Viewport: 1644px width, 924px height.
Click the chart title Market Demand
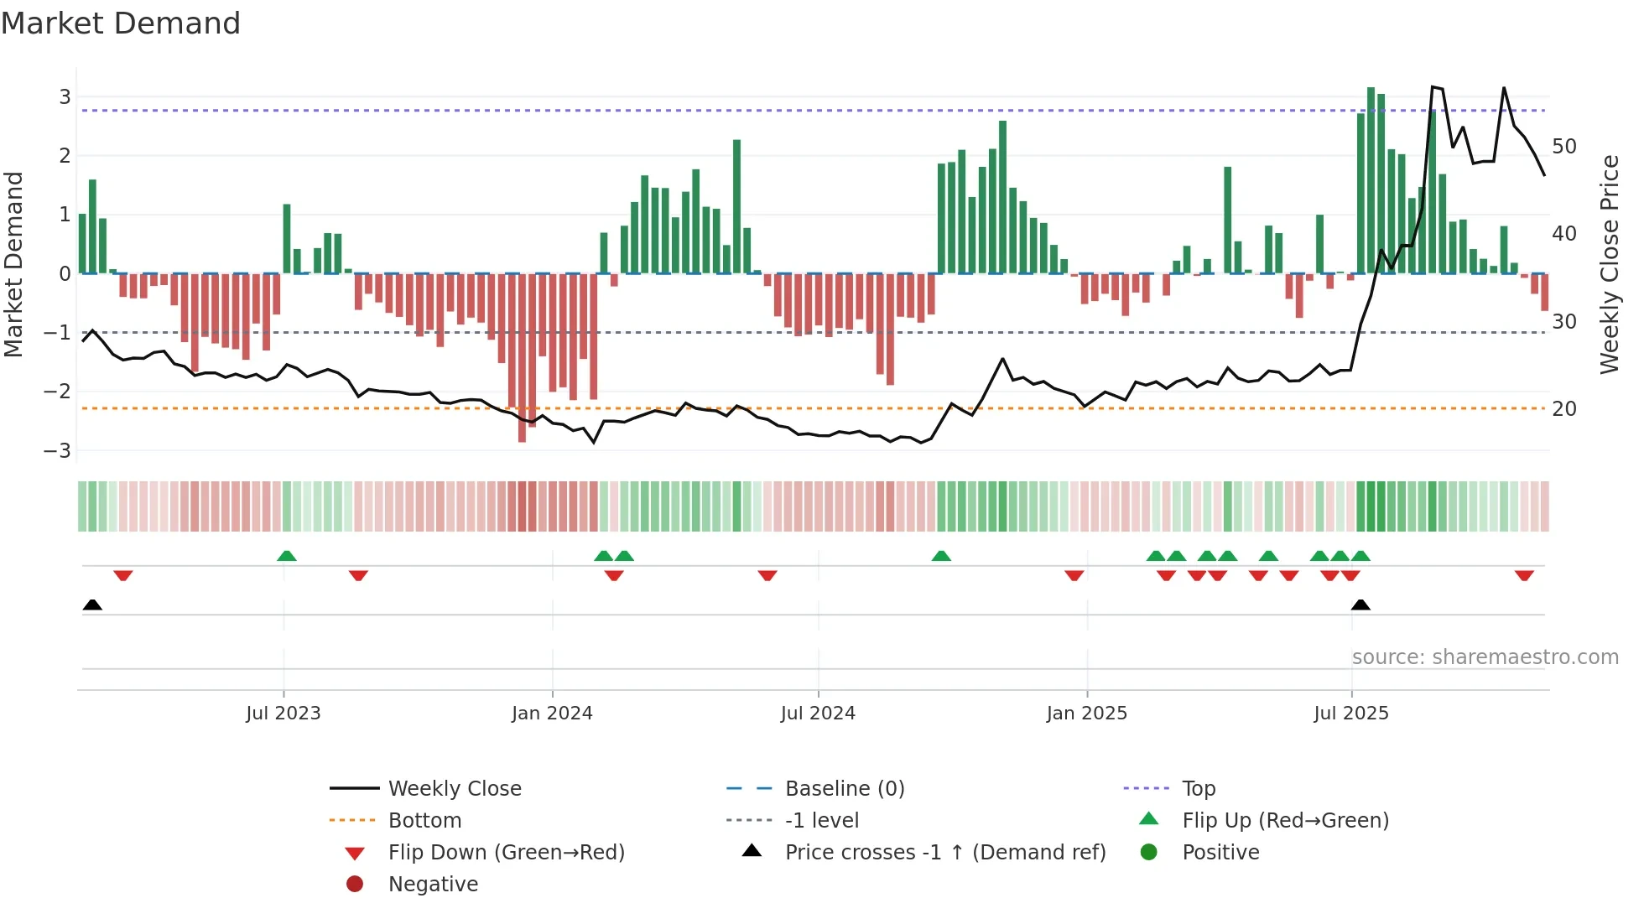coord(121,23)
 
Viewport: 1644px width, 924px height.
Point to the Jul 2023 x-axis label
coord(283,714)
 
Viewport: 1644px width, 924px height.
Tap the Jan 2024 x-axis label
coord(552,714)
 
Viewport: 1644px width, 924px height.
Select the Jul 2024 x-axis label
coord(818,714)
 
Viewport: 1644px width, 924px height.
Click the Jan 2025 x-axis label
coord(1087,714)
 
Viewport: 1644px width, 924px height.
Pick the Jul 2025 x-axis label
coord(1351,714)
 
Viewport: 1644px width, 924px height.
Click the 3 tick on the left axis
coord(65,97)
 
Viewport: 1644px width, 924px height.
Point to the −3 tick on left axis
coord(58,451)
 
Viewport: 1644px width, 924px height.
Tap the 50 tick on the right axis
coord(1564,147)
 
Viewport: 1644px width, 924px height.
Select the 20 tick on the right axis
coord(1564,409)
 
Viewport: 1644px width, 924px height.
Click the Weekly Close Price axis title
coord(1609,264)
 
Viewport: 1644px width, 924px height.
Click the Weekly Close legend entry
coord(454,789)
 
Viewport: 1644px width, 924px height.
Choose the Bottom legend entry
coord(424,821)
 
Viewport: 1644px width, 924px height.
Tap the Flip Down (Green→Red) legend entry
coord(506,853)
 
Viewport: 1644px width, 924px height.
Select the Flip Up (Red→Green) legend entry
coord(1285,821)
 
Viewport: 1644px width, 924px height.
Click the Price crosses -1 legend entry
coord(944,853)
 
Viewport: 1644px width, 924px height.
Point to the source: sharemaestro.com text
coord(1485,657)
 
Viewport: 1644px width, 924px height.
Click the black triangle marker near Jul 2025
coord(1360,605)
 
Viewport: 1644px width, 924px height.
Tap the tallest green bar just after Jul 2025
coord(1371,180)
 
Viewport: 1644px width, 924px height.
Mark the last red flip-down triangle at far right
coord(1524,575)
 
